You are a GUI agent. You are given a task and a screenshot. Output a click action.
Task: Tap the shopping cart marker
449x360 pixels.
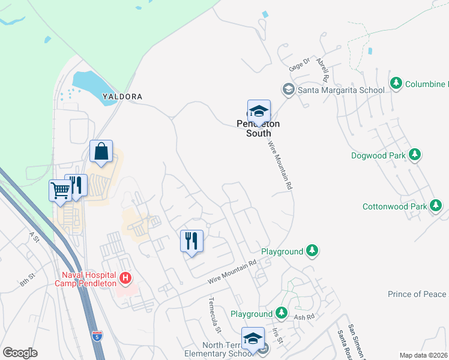click(x=60, y=191)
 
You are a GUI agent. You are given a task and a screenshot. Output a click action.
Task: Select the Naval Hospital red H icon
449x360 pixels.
click(x=125, y=278)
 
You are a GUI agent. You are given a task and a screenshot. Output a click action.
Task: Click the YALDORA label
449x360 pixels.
click(x=122, y=96)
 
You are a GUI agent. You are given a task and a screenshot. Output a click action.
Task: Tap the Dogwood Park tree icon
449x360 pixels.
click(x=414, y=155)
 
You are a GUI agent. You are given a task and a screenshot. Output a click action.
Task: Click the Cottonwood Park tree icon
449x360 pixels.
click(x=436, y=206)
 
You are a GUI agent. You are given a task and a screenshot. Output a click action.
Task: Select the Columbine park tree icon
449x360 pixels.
click(x=396, y=83)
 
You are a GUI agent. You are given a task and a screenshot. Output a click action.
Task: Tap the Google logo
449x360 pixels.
click(x=20, y=353)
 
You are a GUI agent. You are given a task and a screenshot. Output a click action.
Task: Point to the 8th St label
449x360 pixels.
click(x=27, y=280)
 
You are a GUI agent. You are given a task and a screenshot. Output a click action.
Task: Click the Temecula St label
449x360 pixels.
click(x=215, y=314)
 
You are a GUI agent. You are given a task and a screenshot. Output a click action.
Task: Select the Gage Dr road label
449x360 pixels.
click(x=298, y=64)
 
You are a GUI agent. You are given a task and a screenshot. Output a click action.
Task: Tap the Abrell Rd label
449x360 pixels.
click(x=322, y=70)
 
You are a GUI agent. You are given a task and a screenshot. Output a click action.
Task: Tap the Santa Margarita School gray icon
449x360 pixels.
click(x=288, y=90)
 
